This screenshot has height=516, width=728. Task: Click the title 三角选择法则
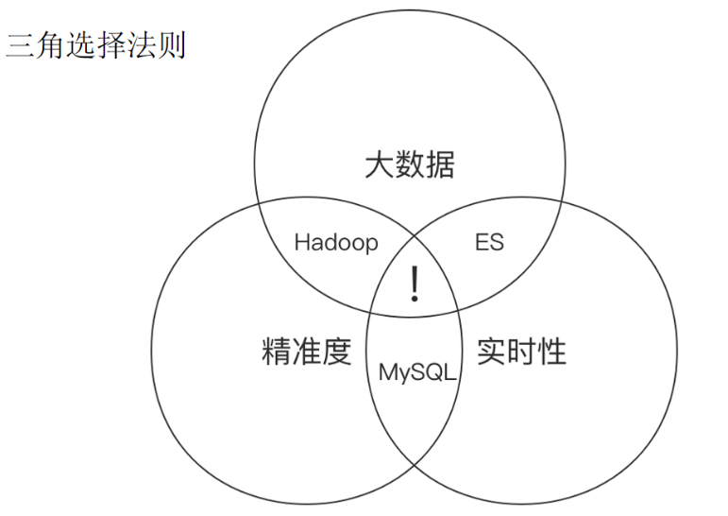tap(96, 45)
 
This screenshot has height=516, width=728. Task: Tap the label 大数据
tap(409, 165)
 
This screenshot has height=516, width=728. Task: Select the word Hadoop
tap(335, 243)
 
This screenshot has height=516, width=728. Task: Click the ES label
tap(488, 243)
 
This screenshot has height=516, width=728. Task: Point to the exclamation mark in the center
tap(414, 284)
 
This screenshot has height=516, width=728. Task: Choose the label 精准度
tap(306, 352)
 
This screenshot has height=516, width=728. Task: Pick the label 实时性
tap(521, 352)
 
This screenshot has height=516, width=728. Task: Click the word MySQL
tap(416, 372)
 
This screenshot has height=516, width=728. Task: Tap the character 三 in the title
tap(21, 45)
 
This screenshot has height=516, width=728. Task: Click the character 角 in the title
tap(51, 45)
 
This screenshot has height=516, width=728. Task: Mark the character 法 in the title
tap(142, 45)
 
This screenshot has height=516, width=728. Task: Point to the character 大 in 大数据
tap(379, 165)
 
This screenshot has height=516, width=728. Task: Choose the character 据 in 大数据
tap(440, 165)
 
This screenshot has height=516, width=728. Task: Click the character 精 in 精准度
tap(276, 352)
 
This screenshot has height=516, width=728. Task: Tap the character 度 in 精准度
tap(337, 352)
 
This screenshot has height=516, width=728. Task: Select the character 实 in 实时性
tap(491, 352)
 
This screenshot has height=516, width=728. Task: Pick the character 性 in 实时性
tap(551, 352)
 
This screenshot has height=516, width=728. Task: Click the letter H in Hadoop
tap(301, 243)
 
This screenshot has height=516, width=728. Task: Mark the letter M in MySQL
tap(386, 372)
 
